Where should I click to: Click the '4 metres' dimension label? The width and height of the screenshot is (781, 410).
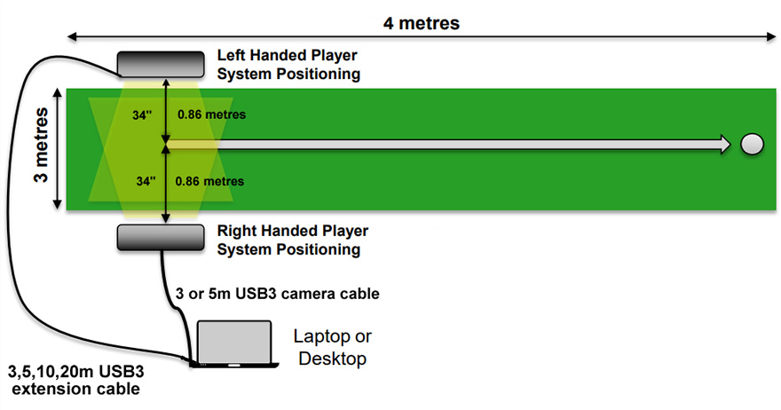(x=422, y=22)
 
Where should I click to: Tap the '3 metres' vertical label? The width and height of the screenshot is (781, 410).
(x=40, y=147)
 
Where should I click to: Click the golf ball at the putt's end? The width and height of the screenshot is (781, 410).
(x=752, y=144)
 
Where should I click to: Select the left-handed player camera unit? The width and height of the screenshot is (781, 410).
(x=162, y=63)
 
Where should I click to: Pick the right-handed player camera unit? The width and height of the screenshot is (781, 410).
(x=162, y=237)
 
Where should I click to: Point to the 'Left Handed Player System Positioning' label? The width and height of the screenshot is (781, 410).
(x=288, y=65)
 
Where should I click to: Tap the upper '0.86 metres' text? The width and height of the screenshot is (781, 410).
(x=211, y=114)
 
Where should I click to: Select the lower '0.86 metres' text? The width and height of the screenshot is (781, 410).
(x=211, y=181)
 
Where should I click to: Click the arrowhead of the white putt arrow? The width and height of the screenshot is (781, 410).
(x=724, y=144)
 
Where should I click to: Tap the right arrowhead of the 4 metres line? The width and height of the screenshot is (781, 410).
(x=770, y=37)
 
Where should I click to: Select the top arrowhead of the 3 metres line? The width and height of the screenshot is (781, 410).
(x=58, y=92)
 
